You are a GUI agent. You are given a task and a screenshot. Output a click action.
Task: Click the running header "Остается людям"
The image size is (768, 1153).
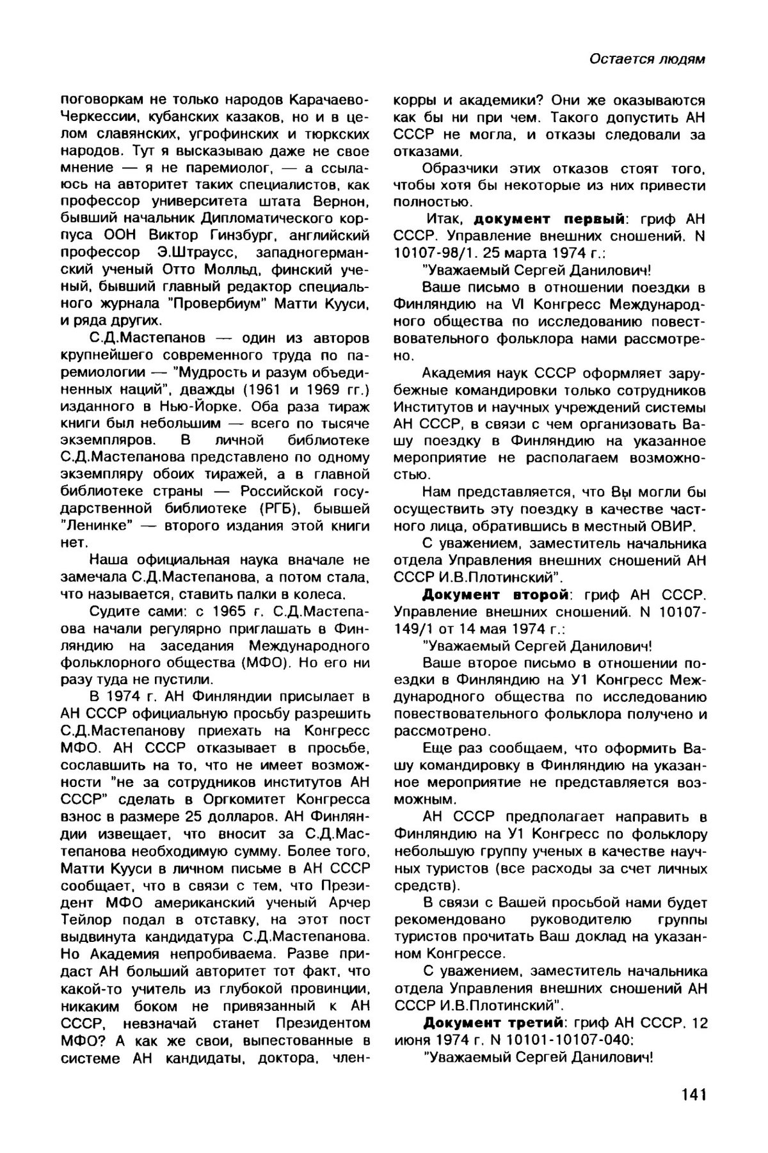pos(647,59)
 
